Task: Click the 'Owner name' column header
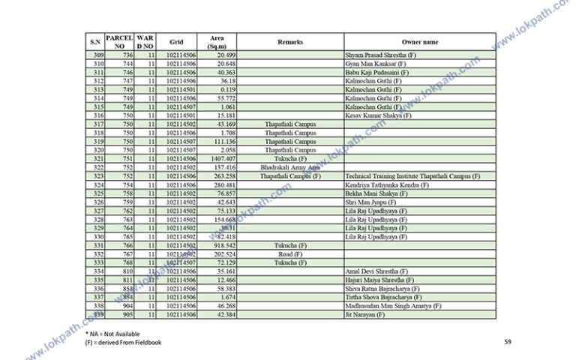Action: coord(419,42)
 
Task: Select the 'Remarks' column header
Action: coord(290,42)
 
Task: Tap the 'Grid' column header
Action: coord(176,42)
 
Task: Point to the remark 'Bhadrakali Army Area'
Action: coord(290,168)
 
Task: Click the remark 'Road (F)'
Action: coord(290,254)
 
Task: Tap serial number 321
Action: coord(98,159)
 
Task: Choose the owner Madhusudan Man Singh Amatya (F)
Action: coord(393,306)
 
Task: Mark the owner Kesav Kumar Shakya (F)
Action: coord(378,115)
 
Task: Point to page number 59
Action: coord(508,342)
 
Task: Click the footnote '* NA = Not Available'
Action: coord(112,333)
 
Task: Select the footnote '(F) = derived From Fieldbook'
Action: coord(123,342)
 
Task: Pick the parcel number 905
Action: coord(127,315)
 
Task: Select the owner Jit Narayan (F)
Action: coord(364,315)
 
